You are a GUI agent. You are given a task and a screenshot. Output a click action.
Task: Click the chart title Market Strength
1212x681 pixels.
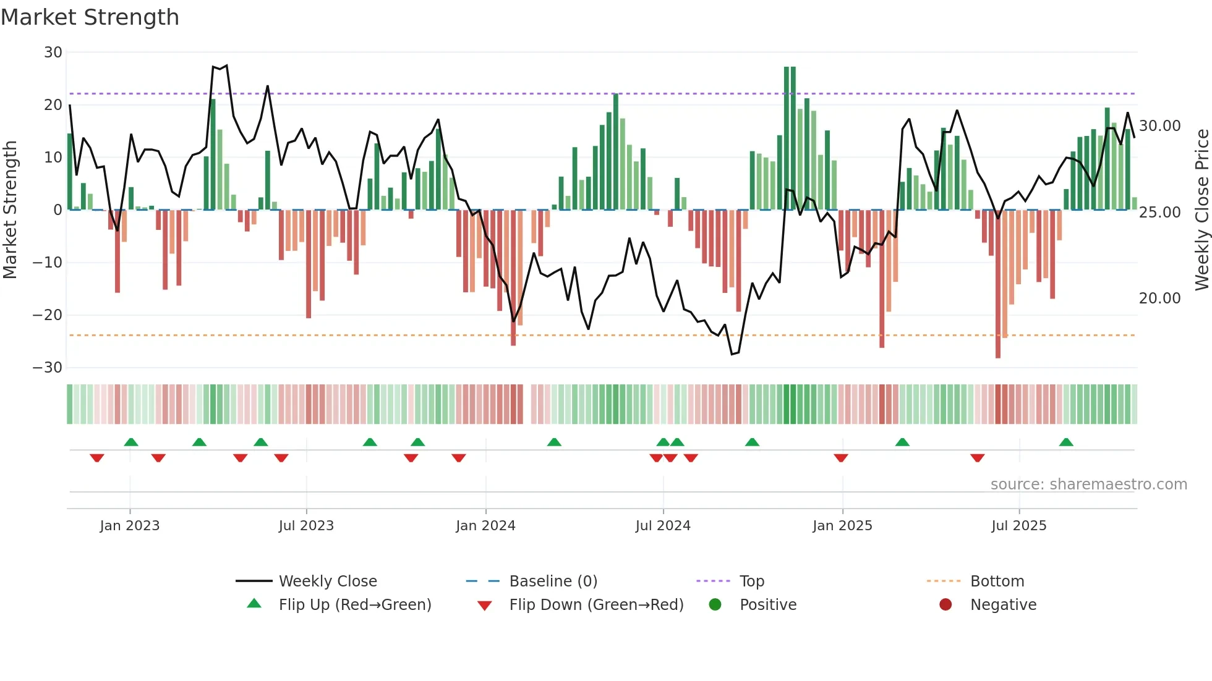click(90, 17)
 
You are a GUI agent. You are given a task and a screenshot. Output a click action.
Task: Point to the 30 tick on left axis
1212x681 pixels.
click(53, 53)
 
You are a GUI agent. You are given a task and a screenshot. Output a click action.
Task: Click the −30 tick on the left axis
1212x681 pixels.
click(48, 368)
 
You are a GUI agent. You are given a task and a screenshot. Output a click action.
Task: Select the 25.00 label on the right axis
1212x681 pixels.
click(1159, 213)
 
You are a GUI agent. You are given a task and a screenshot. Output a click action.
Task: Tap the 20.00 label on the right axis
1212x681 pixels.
click(1159, 298)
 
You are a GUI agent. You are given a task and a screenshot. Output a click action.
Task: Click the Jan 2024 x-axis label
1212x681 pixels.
click(485, 526)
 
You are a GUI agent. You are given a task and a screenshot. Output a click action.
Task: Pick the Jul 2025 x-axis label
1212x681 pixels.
click(1018, 526)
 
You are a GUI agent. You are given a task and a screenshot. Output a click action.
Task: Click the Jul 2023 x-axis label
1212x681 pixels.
click(306, 526)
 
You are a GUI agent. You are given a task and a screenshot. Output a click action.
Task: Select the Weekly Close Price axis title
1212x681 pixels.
click(1201, 210)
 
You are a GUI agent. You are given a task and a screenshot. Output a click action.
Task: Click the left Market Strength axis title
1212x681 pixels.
click(11, 210)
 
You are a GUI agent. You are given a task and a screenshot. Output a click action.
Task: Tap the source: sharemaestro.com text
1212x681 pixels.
click(1088, 484)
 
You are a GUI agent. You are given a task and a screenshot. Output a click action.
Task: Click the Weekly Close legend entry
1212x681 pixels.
click(327, 582)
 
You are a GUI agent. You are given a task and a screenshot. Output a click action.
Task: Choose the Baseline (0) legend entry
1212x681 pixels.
click(553, 582)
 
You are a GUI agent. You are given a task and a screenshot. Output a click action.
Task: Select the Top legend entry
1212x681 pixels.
click(751, 582)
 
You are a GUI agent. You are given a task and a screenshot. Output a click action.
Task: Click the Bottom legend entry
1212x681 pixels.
click(997, 582)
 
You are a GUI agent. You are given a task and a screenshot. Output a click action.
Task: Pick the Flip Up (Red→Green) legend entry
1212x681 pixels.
click(354, 605)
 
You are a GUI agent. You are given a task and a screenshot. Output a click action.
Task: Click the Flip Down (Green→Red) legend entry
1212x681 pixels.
click(596, 605)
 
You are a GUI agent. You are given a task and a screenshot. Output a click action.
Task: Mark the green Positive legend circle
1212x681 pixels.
click(715, 605)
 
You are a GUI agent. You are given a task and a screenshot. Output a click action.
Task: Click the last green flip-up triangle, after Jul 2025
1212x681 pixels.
click(1066, 442)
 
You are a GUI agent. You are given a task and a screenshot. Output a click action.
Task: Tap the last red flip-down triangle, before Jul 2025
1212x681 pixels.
click(977, 458)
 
